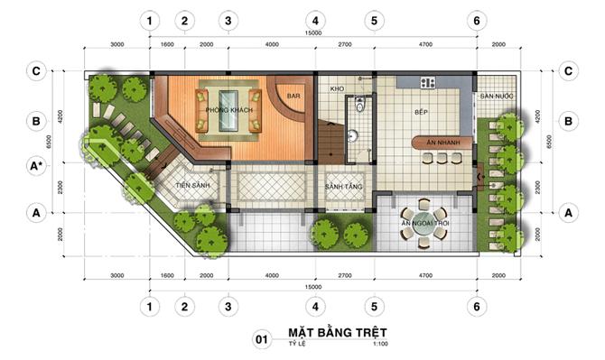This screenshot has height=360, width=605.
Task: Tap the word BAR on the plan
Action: pyautogui.click(x=293, y=94)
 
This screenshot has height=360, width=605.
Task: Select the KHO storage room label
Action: pyautogui.click(x=338, y=89)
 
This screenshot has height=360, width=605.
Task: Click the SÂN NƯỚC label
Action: pyautogui.click(x=497, y=96)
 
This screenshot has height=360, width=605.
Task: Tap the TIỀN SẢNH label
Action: pyautogui.click(x=192, y=185)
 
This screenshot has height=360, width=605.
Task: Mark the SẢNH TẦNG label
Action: pyautogui.click(x=342, y=187)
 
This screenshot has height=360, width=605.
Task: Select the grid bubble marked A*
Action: pyautogui.click(x=37, y=166)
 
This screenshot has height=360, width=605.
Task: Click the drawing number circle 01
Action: pyautogui.click(x=261, y=339)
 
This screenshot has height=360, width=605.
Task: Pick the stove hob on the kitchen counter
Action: pyautogui.click(x=427, y=83)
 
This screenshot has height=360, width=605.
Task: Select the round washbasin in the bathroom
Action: pyautogui.click(x=354, y=136)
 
